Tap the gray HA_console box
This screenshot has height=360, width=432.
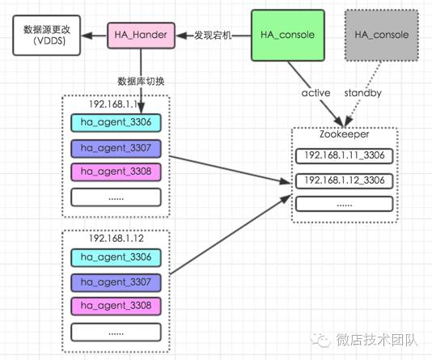pyautogui.click(x=381, y=35)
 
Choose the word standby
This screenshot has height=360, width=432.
pyautogui.click(x=362, y=92)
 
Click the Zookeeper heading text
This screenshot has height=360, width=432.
pyautogui.click(x=344, y=134)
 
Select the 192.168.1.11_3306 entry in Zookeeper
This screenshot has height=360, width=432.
pyautogui.click(x=344, y=155)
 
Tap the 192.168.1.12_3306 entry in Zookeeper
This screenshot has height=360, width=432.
pyautogui.click(x=344, y=180)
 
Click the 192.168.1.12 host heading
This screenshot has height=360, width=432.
pyautogui.click(x=115, y=239)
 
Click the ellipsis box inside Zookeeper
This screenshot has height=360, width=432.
pyautogui.click(x=344, y=204)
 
